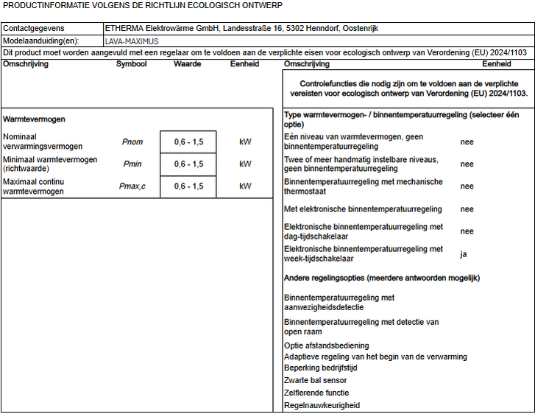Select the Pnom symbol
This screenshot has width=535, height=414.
point(132,142)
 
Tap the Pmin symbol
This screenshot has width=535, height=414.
point(132,164)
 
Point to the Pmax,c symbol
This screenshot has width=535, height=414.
point(132,186)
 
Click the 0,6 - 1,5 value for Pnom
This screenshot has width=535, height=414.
point(188,142)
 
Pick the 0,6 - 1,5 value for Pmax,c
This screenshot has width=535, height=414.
point(188,186)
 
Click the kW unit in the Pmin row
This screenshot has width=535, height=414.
point(245,164)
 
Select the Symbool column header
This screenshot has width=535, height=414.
point(131,64)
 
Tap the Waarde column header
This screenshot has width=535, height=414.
point(188,64)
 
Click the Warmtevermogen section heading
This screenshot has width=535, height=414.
point(35,119)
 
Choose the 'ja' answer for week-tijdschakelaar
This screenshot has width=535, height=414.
point(464,254)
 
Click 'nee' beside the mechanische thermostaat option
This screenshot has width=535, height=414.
point(467,186)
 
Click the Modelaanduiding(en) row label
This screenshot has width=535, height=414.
point(40,41)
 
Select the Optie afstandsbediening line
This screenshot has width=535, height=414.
point(326,345)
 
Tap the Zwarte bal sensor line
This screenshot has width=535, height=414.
point(315,381)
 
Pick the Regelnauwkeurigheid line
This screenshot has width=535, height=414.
point(322,405)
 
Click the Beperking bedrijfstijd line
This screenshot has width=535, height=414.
point(320,368)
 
